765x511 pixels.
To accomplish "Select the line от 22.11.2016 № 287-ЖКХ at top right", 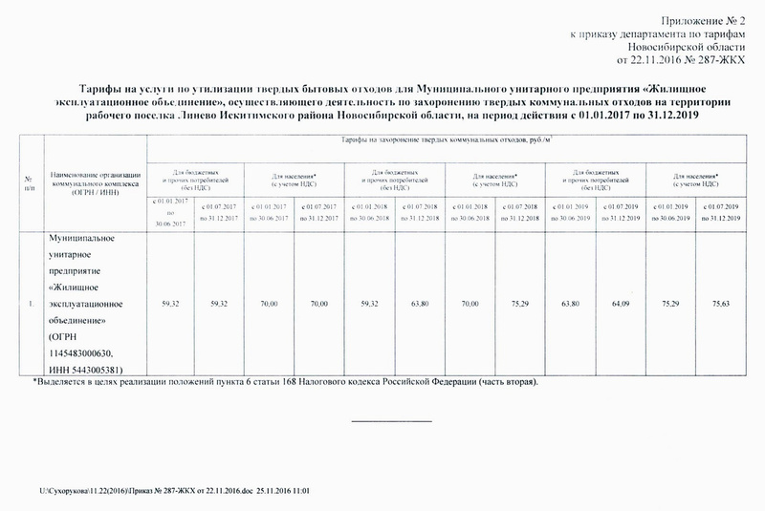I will (x=687, y=60).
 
